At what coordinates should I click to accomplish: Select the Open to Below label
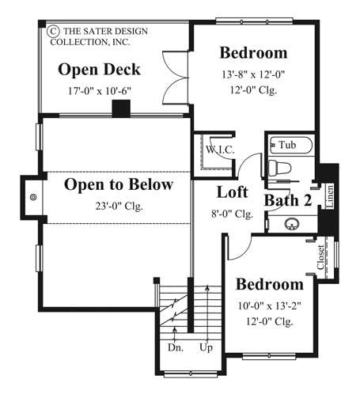(x=118, y=186)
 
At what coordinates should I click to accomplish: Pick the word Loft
(x=233, y=192)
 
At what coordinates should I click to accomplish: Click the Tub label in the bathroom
(x=287, y=145)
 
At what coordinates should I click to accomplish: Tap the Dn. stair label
(x=176, y=346)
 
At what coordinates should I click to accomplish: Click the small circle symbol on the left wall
(x=33, y=198)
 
